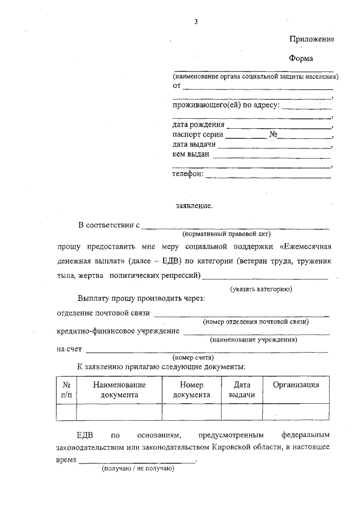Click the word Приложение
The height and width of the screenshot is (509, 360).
[312, 39]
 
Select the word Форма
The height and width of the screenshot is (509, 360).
[301, 58]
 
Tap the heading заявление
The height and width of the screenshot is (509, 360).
[195, 206]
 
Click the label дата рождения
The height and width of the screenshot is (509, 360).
[198, 125]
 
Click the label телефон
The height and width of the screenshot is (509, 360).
[188, 174]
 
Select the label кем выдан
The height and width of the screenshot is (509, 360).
[191, 155]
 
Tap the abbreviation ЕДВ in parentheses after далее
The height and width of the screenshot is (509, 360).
[169, 262]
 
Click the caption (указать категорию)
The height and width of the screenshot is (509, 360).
[262, 289]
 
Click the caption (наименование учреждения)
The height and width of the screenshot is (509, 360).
[253, 340]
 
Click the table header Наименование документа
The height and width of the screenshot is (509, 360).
[119, 390]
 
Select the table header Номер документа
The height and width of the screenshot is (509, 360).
[191, 390]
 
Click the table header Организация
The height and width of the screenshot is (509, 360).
[296, 385]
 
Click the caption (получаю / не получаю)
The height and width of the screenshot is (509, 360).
[138, 469]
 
